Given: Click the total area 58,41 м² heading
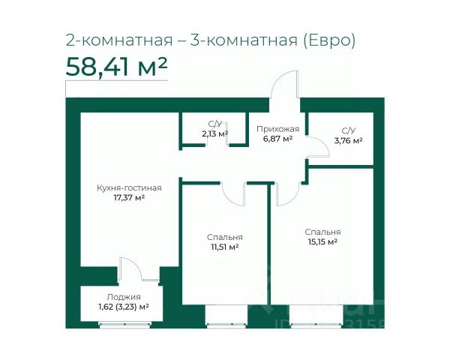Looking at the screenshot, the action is (116, 67).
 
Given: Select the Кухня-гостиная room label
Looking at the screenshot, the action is (129, 188).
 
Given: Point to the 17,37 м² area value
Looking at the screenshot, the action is (129, 198).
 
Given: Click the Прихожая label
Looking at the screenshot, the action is (277, 129).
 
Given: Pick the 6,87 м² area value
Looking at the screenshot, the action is (277, 139).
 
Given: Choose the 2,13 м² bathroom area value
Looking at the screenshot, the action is (215, 133).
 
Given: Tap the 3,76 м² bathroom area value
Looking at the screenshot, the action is (348, 141).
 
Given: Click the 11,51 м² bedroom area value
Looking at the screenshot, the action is (225, 247).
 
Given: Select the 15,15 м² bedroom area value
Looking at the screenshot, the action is (322, 241).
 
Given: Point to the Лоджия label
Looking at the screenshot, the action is (124, 297).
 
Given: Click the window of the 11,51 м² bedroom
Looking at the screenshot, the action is (226, 325).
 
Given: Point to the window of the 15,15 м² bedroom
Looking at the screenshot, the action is (316, 325).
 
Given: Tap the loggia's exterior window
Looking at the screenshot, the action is (124, 325).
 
